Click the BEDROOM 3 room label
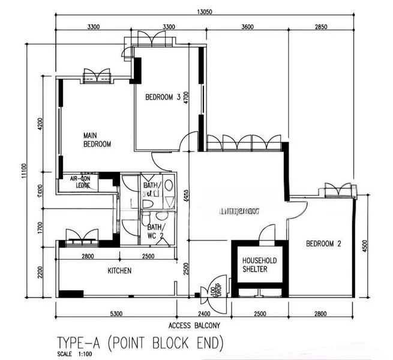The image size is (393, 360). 163,97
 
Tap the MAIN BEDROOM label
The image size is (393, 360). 97,140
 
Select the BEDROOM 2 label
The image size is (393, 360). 323,244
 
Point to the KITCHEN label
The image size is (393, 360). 119,271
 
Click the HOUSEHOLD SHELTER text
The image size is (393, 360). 259,265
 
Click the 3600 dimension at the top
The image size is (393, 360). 247,27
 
